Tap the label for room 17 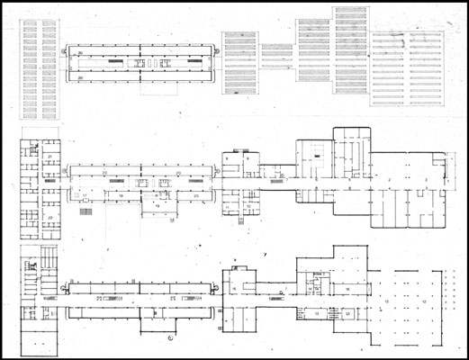85,195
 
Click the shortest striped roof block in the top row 272,56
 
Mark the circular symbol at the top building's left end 63,54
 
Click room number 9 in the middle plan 230,158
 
